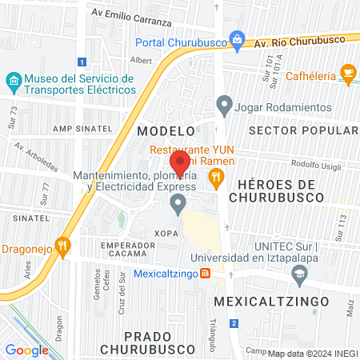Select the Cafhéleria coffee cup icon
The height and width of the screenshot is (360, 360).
pyautogui.click(x=347, y=74)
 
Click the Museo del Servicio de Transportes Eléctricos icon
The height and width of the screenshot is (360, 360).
pyautogui.click(x=13, y=81)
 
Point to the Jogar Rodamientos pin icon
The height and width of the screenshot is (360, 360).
pyautogui.click(x=225, y=104)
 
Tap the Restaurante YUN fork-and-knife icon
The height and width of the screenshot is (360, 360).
pyautogui.click(x=215, y=179)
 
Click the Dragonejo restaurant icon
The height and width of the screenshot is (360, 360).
pyautogui.click(x=62, y=245)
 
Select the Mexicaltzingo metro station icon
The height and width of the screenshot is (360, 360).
pyautogui.click(x=205, y=274)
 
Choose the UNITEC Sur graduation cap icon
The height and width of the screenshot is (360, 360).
pyautogui.click(x=299, y=274)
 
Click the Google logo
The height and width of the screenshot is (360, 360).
pyautogui.click(x=26, y=350)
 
